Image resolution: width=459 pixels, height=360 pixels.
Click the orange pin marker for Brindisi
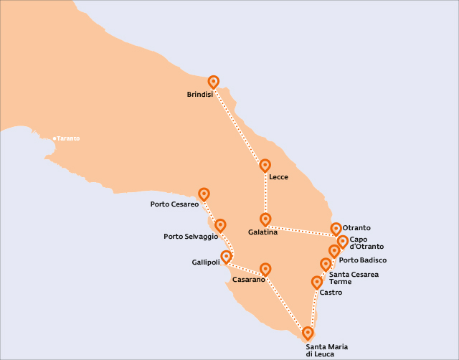coord(213,82)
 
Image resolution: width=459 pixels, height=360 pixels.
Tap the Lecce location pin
coord(265,166)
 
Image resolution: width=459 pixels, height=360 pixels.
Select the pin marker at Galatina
coord(265,219)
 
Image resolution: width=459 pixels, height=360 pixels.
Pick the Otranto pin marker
coord(336,229)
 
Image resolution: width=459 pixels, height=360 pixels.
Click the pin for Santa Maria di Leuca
coord(308,333)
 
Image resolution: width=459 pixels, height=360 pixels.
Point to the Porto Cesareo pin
coord(204,194)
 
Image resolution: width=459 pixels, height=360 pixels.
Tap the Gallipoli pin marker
coord(227,256)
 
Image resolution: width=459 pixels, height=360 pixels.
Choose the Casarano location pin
coord(265,269)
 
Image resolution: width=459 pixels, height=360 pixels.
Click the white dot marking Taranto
coord(55,138)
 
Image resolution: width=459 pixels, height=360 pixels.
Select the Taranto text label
coord(69,138)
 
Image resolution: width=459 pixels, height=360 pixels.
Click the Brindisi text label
coord(199,95)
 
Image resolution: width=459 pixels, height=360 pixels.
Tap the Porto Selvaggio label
coord(191,237)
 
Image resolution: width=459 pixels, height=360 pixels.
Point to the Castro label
coord(331,293)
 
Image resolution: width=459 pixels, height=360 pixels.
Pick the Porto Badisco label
coord(363,260)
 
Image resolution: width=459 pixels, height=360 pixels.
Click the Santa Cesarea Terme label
coord(354,278)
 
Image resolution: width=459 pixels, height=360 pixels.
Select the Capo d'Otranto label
coord(366,243)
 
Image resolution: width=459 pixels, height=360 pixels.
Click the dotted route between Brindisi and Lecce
coord(239,123)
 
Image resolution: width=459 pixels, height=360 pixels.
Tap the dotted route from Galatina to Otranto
coord(301,229)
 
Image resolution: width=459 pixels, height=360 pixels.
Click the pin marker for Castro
coord(317,283)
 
